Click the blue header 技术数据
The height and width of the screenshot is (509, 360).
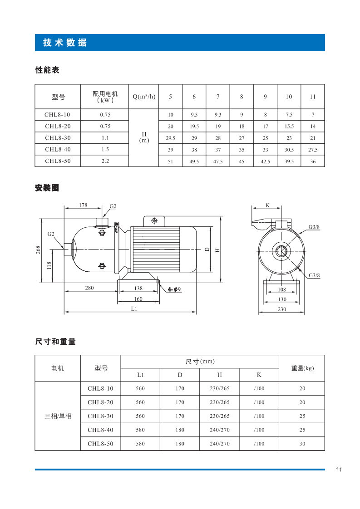pos(65,43)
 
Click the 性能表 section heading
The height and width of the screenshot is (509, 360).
pos(47,70)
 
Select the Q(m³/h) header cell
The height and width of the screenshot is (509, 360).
pos(144,97)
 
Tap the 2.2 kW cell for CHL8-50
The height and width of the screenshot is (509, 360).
pos(105,161)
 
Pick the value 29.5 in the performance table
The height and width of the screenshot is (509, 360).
pos(171,138)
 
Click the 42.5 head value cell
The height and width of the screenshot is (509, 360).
pos(266,161)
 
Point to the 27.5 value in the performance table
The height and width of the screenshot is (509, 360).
pos(313,149)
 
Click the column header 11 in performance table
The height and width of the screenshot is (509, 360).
pos(313,97)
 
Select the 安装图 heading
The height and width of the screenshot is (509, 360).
pos(47,188)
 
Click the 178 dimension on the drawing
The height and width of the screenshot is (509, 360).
pos(83,205)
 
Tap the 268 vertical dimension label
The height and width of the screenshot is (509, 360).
pos(39,250)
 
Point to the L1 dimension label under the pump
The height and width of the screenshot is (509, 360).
pos(134,308)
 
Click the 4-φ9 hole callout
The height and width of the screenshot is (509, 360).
pos(174,289)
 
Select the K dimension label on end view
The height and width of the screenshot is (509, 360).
pos(267,206)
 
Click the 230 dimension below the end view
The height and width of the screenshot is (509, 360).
pos(282,309)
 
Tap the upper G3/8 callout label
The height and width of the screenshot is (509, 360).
pos(314,226)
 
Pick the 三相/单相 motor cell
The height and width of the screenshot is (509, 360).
pos(58,416)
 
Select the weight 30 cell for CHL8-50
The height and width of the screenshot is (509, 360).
pos(302,444)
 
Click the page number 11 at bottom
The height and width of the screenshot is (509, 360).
pos(339,470)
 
